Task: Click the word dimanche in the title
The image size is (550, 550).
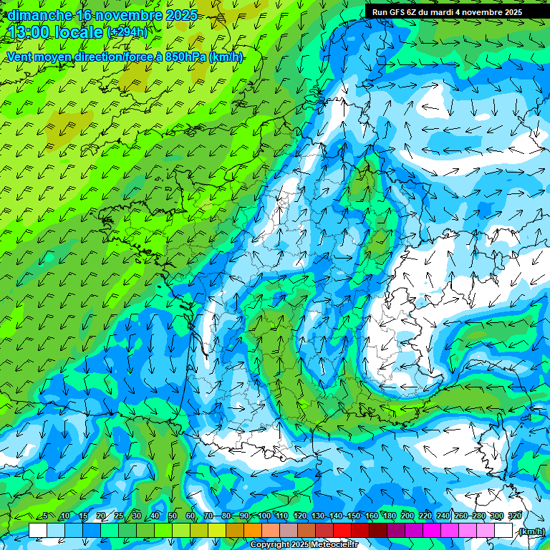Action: [x=39, y=15]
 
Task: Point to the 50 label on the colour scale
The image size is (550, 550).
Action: [x=173, y=516]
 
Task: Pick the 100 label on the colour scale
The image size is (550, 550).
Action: [x=264, y=516]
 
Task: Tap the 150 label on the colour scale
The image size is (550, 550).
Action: [x=354, y=516]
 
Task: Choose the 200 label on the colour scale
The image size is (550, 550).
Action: [x=407, y=516]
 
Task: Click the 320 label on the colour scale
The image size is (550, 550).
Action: [x=515, y=516]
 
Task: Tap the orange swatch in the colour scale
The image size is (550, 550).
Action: [x=253, y=531]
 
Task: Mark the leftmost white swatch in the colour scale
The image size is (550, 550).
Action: [x=38, y=531]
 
